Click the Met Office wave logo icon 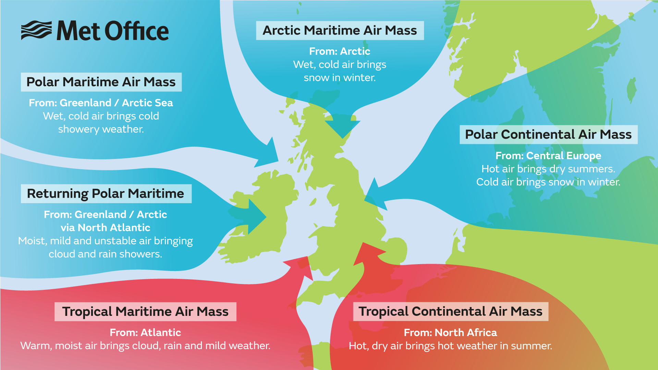pyautogui.click(x=36, y=30)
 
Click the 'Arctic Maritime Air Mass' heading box pyautogui.click(x=340, y=30)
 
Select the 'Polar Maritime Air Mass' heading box pyautogui.click(x=101, y=82)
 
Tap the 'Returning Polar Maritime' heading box pyautogui.click(x=106, y=194)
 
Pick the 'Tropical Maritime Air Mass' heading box pyautogui.click(x=145, y=312)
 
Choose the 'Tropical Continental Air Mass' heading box pyautogui.click(x=450, y=312)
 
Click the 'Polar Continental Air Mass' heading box pyautogui.click(x=548, y=135)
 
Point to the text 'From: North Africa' pyautogui.click(x=450, y=333)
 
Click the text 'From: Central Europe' pyautogui.click(x=548, y=156)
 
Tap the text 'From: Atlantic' pyautogui.click(x=145, y=333)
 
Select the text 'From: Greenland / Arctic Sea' pyautogui.click(x=101, y=103)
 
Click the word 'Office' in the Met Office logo pyautogui.click(x=136, y=31)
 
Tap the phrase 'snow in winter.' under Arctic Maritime pyautogui.click(x=340, y=78)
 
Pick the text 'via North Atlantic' pyautogui.click(x=106, y=228)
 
